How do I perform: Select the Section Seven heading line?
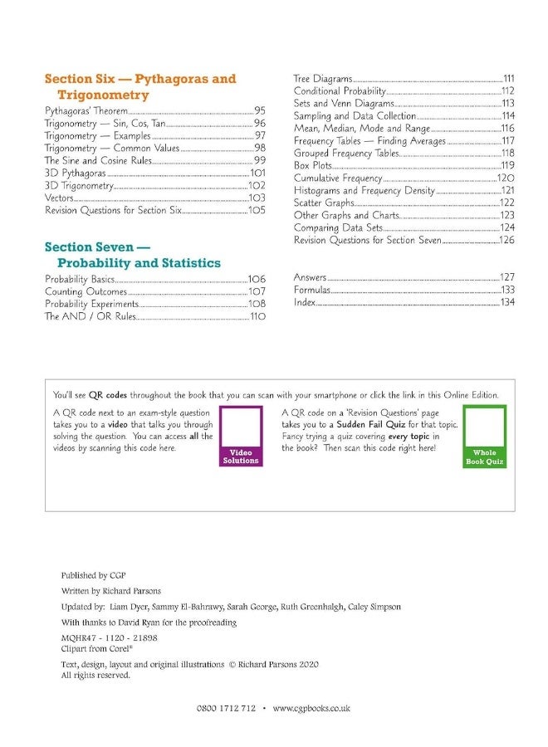97,247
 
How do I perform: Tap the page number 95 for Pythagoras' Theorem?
260,110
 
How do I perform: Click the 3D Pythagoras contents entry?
76,173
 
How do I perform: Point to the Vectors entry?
60,198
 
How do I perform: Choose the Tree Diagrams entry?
323,78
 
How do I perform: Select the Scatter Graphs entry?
324,203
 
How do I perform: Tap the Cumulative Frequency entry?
338,178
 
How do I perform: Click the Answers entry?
311,277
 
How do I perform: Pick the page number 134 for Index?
506,302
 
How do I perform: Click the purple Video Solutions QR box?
241,436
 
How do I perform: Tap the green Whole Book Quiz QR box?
484,436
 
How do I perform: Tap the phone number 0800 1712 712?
226,708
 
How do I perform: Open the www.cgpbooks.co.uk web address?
311,708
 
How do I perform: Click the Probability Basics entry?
80,280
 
